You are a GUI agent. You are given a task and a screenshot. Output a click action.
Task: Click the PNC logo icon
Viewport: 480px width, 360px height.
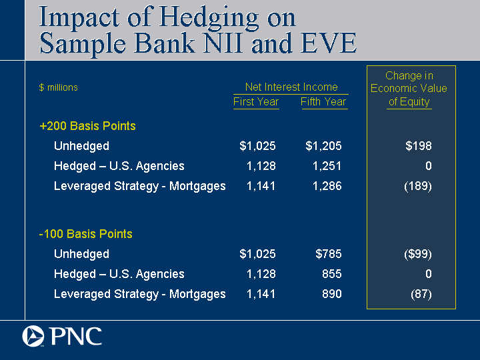point(33,336)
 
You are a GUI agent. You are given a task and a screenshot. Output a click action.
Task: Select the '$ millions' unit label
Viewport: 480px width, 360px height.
point(59,87)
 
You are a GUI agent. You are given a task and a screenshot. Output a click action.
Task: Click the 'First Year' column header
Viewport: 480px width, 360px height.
point(256,101)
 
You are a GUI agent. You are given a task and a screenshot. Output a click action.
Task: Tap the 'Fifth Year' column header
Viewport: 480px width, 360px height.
point(323,101)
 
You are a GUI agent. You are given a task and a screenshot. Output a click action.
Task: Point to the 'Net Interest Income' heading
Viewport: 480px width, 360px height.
point(291,87)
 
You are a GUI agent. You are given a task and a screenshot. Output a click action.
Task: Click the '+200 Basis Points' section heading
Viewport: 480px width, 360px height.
point(87,126)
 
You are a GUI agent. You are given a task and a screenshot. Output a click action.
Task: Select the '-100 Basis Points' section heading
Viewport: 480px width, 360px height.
point(86,234)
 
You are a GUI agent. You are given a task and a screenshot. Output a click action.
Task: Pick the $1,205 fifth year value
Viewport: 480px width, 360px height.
point(323,146)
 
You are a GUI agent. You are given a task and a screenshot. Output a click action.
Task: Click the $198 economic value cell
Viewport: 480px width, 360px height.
point(419,146)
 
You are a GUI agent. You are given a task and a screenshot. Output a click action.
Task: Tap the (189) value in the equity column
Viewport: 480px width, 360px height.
point(418,186)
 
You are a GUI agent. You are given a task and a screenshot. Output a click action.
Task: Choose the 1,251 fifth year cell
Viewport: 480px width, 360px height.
point(327,166)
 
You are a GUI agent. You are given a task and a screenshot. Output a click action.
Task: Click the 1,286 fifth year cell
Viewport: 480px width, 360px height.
point(327,186)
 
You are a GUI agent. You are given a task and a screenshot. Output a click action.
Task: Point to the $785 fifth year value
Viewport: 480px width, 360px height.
point(329,254)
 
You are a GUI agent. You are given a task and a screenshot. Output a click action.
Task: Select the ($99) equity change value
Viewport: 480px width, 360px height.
point(418,254)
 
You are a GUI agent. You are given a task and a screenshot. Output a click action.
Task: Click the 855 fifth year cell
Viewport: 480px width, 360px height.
point(332,274)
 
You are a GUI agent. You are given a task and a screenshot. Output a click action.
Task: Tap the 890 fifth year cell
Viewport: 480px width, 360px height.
point(332,294)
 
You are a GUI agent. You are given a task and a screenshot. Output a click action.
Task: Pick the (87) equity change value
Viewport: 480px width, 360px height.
point(421,294)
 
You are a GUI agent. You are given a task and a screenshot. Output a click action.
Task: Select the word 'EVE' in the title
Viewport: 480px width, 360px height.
point(328,43)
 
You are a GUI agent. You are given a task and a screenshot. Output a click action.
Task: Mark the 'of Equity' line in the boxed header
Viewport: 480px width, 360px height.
point(409,101)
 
